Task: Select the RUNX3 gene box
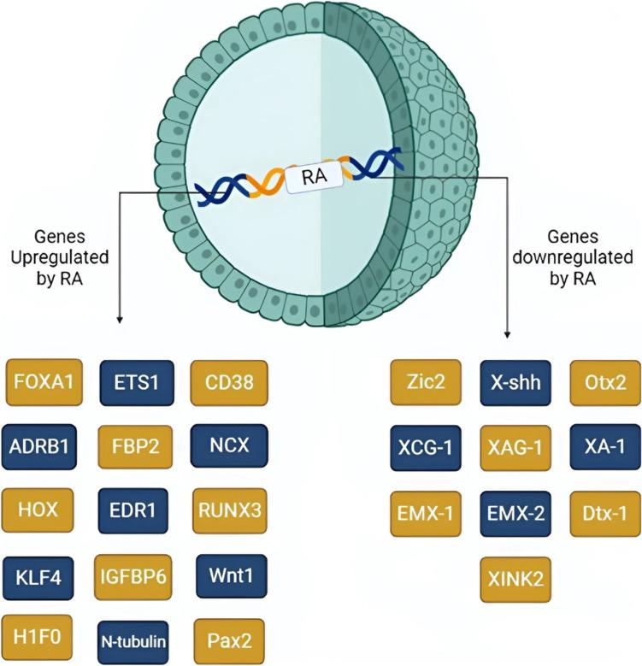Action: tap(230, 510)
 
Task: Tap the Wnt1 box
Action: tap(230, 574)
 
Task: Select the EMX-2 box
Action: tap(515, 514)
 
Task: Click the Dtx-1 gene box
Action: tap(604, 514)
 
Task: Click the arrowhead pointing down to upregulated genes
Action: tap(119, 320)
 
